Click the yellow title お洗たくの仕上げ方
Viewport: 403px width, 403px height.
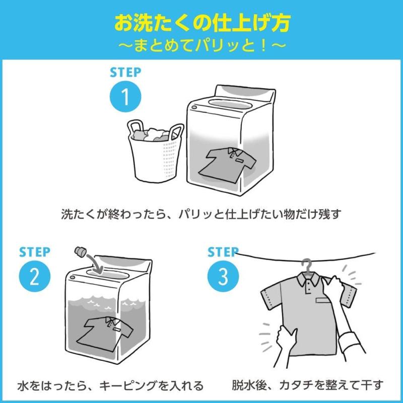201,23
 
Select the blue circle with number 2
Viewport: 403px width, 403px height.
35,276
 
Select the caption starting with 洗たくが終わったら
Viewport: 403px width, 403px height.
201,214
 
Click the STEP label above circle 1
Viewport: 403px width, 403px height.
125,72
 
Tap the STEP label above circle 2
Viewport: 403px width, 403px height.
35,251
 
